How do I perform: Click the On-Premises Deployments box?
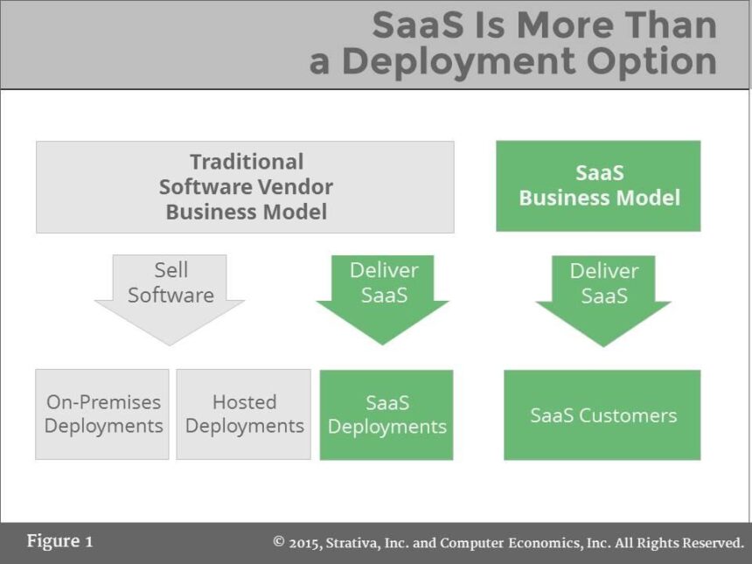pos(102,414)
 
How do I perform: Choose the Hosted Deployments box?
pos(244,414)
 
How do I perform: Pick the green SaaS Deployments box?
pos(386,414)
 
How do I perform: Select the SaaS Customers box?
pos(602,415)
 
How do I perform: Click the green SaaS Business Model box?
pos(599,186)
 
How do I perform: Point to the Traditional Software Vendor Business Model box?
pos(245,187)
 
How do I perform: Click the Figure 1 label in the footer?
pos(59,541)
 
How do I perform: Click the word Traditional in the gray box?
pos(247,162)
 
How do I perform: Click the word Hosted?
pos(244,402)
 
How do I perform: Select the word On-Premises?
pos(103,402)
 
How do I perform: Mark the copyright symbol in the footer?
pos(279,542)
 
